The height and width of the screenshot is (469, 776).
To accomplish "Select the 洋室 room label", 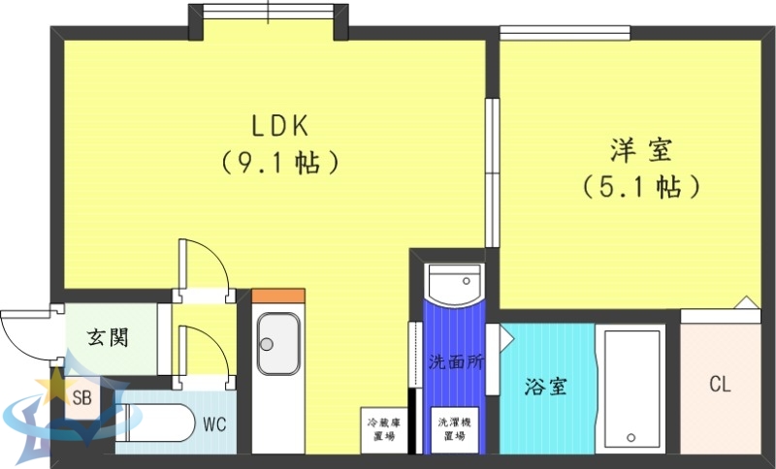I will pos(641,150).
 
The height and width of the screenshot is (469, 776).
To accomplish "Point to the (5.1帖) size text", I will pos(641,186).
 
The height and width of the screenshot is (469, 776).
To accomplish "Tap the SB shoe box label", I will pos(82,397).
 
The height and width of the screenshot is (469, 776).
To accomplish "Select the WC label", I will pos(215,423).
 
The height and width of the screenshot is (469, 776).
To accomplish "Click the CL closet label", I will pos(719,385).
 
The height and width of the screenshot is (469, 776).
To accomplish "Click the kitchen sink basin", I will pos(278,345).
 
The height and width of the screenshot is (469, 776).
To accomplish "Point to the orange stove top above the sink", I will pos(278,295).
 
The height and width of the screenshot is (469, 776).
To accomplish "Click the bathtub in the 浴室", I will pos(630,388).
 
